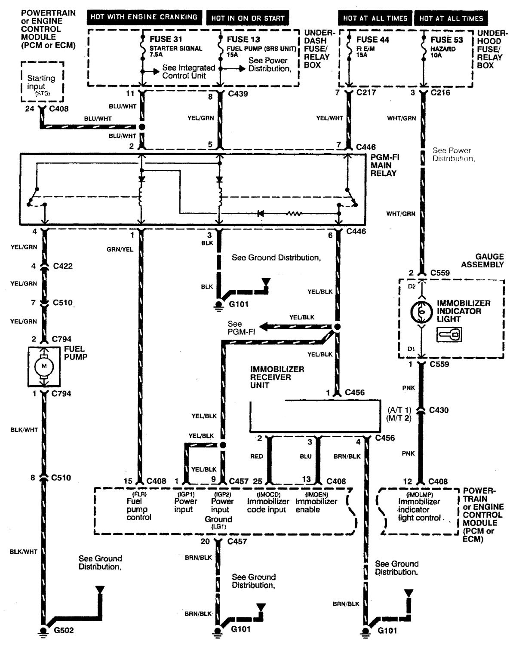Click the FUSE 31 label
[165, 39]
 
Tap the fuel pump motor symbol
[43, 366]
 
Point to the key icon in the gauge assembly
[449, 334]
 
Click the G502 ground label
[63, 631]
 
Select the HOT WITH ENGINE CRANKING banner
[144, 17]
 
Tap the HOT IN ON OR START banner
[248, 18]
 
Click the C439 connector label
[239, 93]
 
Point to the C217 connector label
[367, 93]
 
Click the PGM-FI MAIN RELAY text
[385, 165]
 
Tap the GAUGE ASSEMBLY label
[482, 261]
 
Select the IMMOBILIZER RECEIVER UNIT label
[277, 377]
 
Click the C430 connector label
[439, 410]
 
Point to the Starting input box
[42, 82]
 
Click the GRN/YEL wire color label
[120, 249]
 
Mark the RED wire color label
[257, 456]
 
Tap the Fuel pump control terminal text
[138, 509]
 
